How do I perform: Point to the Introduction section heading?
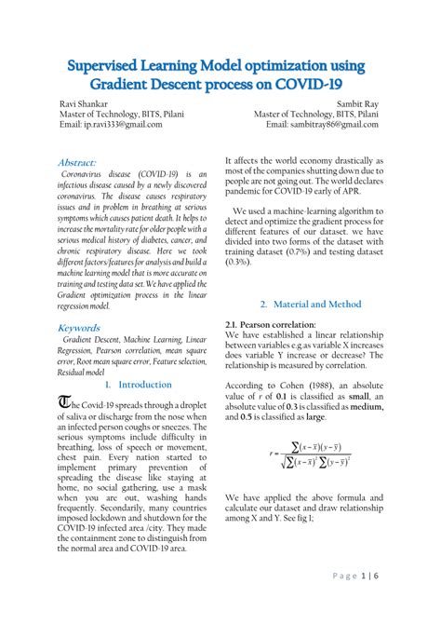coord(139,384)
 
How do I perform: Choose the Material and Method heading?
coord(310,305)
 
